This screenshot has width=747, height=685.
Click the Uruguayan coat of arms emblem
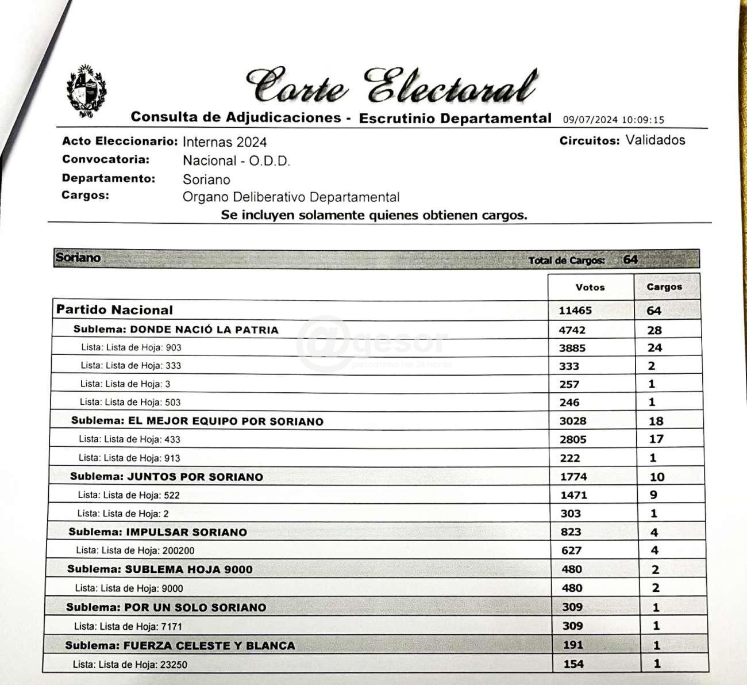[87, 92]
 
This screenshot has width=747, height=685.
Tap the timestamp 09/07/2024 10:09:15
[613, 120]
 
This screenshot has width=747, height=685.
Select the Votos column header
[590, 287]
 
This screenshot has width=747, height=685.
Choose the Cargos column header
[664, 286]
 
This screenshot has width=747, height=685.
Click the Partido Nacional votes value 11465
[575, 311]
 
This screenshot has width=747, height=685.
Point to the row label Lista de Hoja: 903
[131, 347]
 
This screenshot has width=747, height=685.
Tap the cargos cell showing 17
[656, 439]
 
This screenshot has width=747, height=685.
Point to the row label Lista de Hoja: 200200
[136, 550]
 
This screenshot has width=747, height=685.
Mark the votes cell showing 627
[572, 550]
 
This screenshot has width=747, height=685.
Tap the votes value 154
[573, 664]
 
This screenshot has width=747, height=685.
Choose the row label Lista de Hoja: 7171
[128, 626]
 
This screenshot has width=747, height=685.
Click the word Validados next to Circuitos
[655, 140]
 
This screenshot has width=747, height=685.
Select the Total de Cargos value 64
[630, 259]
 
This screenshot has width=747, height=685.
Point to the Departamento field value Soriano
[206, 179]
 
